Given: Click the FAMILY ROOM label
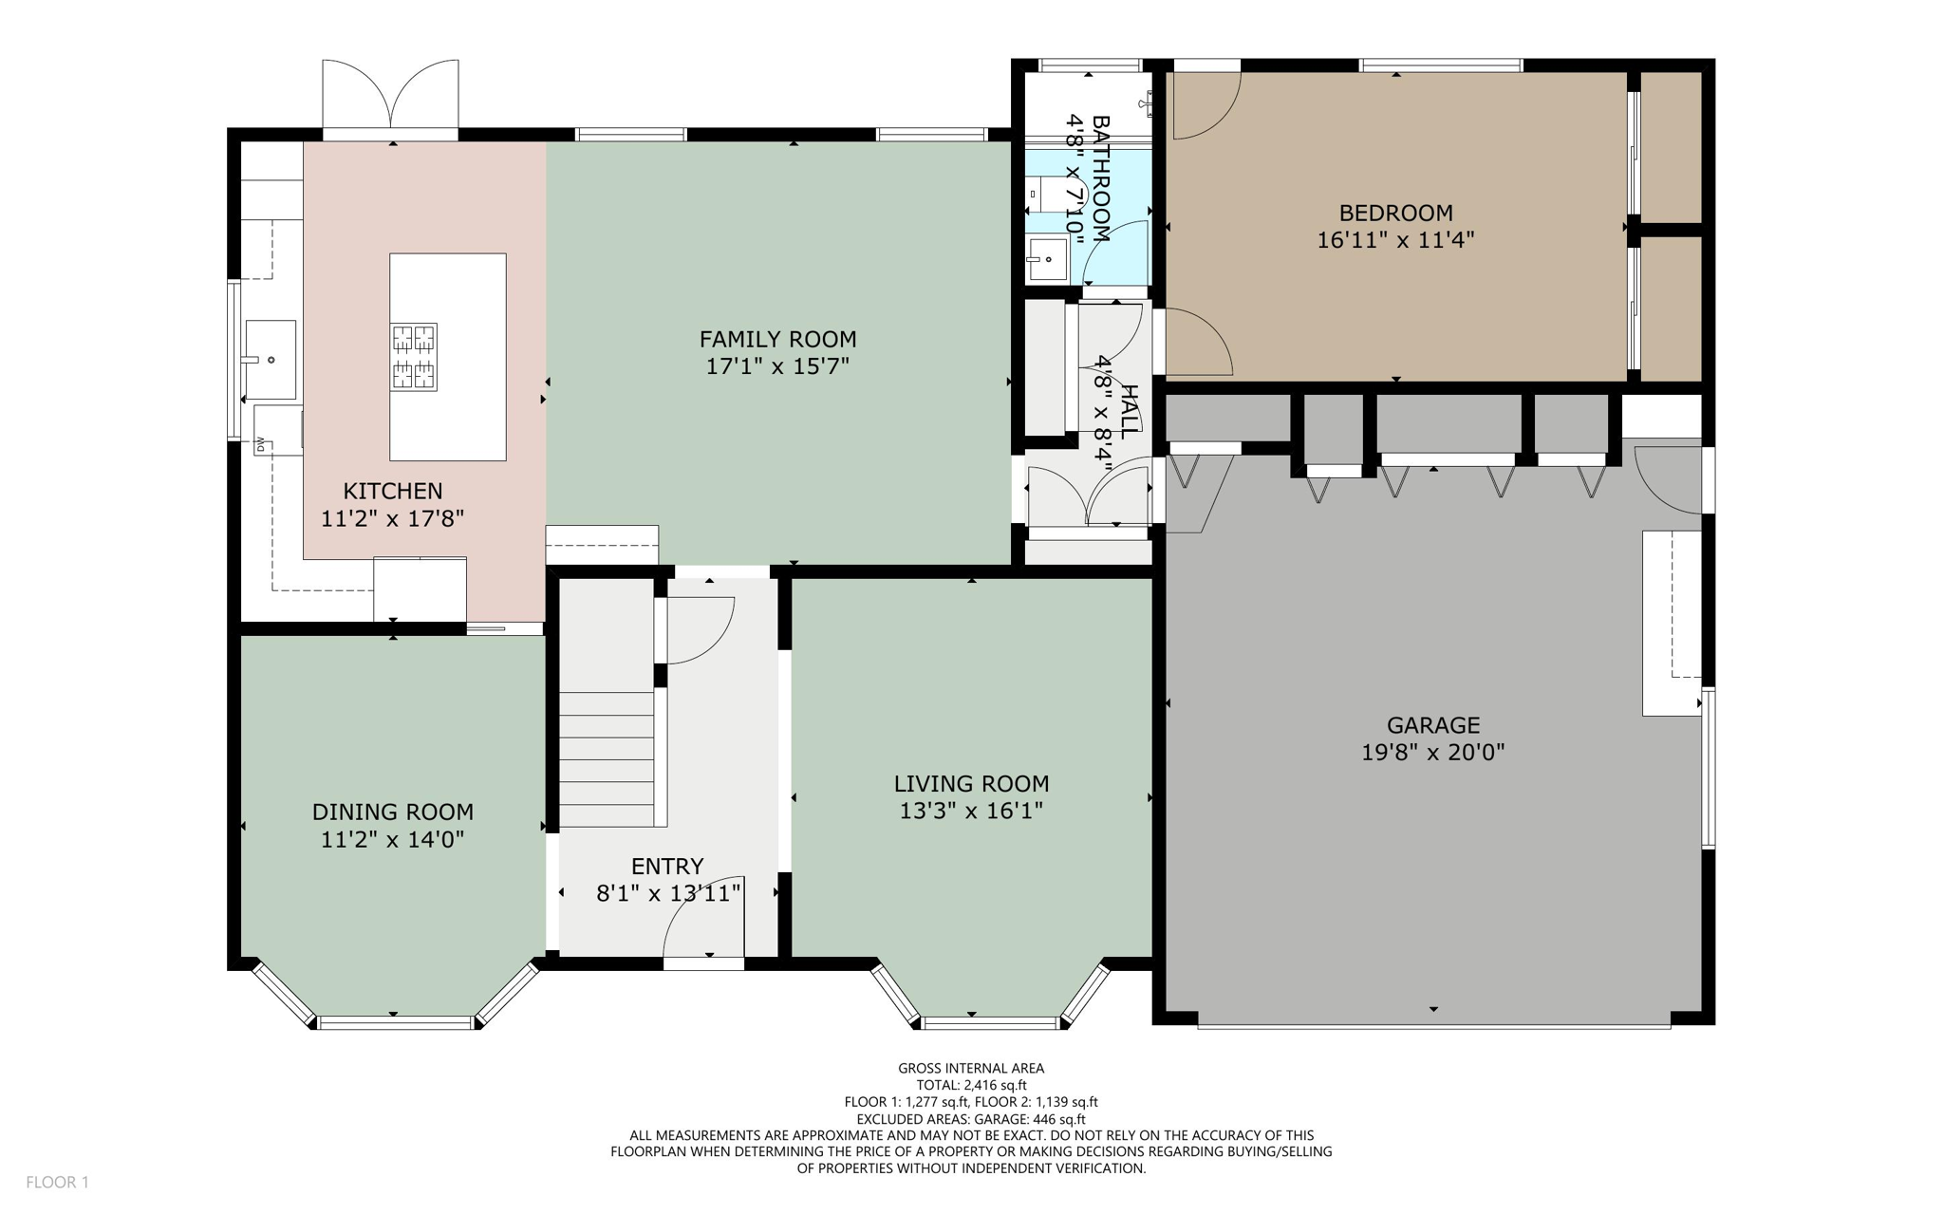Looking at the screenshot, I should (777, 339).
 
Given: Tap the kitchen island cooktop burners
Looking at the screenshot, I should (414, 357).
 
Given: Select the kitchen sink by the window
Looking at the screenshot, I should (271, 360).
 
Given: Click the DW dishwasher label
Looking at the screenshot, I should (259, 443).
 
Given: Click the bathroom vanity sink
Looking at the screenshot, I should (1048, 258).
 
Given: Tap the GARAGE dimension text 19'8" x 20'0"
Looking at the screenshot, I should (1432, 753).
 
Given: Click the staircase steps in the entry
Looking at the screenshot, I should (606, 759).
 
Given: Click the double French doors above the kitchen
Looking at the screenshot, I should (390, 95).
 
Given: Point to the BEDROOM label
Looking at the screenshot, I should (1395, 213).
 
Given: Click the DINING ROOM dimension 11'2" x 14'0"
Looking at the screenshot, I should (392, 839).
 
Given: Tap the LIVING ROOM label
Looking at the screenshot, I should (971, 784).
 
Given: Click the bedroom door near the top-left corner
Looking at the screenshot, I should (1204, 104).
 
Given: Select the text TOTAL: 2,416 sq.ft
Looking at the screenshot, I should (971, 1085).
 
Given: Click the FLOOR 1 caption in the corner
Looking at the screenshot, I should (57, 1182).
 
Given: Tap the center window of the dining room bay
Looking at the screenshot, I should (395, 1022).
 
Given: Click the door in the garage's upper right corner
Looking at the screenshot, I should (1667, 479).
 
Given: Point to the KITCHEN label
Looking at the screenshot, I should (392, 491).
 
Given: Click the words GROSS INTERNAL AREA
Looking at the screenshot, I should (971, 1068).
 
